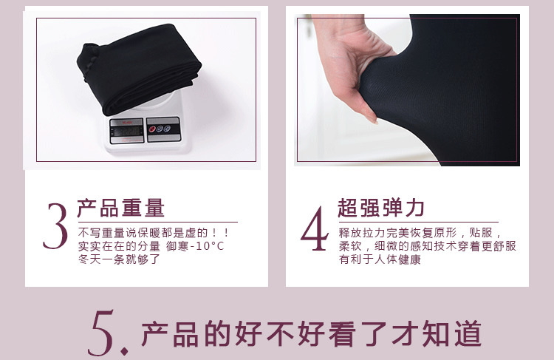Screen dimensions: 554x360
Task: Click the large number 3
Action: [x=55, y=226]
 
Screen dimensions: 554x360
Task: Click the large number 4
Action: [x=315, y=228]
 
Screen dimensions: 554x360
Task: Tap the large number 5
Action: [x=101, y=333]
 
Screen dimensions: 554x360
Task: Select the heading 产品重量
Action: [x=121, y=208]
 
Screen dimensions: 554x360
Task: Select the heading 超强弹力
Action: [x=381, y=208]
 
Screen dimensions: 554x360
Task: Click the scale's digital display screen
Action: [x=127, y=131]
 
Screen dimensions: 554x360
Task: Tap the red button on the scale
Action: [x=153, y=129]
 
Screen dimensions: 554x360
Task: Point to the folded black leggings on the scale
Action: [x=139, y=68]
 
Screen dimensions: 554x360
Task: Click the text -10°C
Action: [x=207, y=246]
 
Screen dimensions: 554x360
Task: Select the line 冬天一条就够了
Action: [x=119, y=259]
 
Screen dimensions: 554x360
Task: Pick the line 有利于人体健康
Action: [x=380, y=259]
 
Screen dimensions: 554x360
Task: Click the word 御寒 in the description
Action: [x=177, y=246]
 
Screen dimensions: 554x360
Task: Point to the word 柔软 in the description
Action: [x=350, y=245]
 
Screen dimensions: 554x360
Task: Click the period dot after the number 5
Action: [x=124, y=352]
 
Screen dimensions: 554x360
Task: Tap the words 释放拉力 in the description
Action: [x=362, y=233]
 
